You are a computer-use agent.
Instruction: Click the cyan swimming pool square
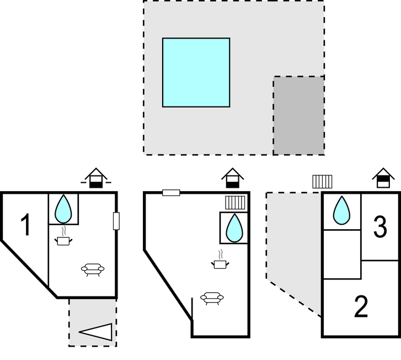tap(196, 72)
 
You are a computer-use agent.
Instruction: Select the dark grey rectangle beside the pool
tap(298, 115)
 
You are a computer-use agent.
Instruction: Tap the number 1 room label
tap(25, 225)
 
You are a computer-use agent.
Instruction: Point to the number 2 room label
tap(361, 307)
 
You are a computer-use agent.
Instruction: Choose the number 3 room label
tap(380, 227)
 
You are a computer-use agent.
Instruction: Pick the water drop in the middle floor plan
tap(234, 227)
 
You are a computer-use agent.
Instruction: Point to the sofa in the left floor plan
tap(93, 269)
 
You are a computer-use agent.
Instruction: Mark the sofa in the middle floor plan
tap(212, 298)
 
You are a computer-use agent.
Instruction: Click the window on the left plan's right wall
tap(116, 220)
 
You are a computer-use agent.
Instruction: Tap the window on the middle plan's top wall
tap(171, 193)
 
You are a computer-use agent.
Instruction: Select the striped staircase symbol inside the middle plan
tap(234, 201)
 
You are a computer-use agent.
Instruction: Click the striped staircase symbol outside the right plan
tap(323, 182)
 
